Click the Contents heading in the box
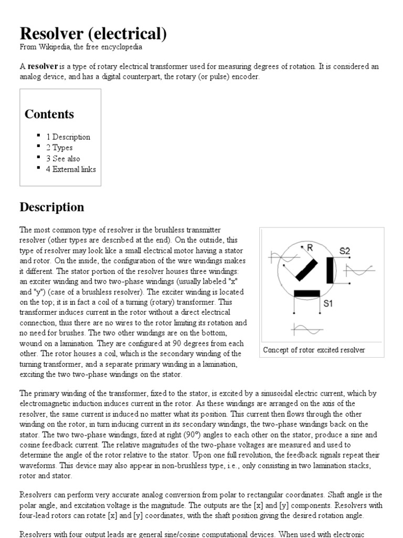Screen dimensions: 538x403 point(49,114)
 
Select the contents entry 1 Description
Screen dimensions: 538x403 point(71,137)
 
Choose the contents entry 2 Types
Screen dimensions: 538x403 point(62,148)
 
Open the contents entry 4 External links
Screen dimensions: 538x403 point(74,169)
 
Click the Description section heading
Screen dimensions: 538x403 point(51,207)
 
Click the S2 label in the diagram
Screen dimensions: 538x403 point(344,251)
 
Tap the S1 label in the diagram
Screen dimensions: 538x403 point(328,303)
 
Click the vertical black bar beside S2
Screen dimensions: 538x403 point(330,271)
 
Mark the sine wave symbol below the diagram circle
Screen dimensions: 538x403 point(304,329)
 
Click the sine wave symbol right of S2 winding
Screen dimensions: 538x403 point(359,271)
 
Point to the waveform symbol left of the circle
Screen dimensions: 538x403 point(279,257)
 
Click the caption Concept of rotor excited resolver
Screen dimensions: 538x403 point(314,350)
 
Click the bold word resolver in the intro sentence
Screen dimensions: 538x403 point(42,67)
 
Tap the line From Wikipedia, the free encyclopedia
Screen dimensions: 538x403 point(81,47)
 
